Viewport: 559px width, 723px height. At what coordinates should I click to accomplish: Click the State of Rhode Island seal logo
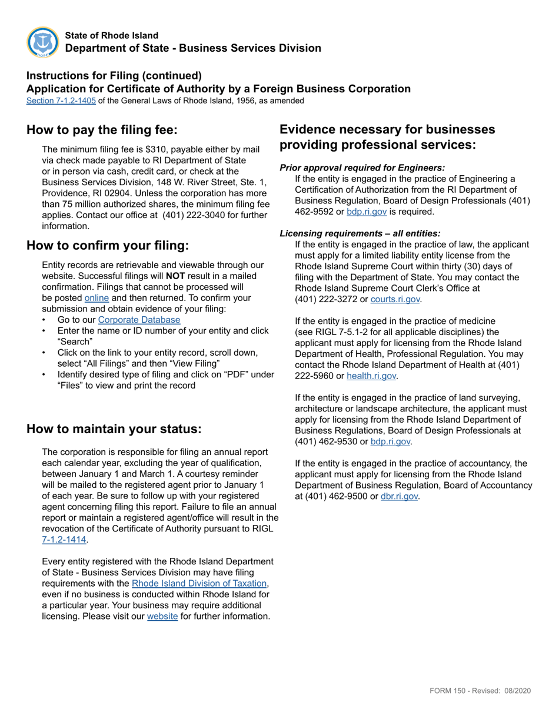(x=43, y=42)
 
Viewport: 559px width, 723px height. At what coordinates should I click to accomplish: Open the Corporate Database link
(x=139, y=320)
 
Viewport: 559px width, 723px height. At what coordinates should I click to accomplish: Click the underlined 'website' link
(x=162, y=616)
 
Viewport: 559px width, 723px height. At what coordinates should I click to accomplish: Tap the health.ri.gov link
(x=371, y=376)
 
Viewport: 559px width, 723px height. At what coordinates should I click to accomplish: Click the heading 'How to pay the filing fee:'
(x=102, y=130)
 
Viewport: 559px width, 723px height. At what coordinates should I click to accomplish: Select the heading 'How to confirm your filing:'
(x=108, y=245)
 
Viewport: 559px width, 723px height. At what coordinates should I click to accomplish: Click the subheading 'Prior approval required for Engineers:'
(x=362, y=168)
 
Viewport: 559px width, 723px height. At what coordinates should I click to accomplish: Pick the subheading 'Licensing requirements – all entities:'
(x=360, y=233)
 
